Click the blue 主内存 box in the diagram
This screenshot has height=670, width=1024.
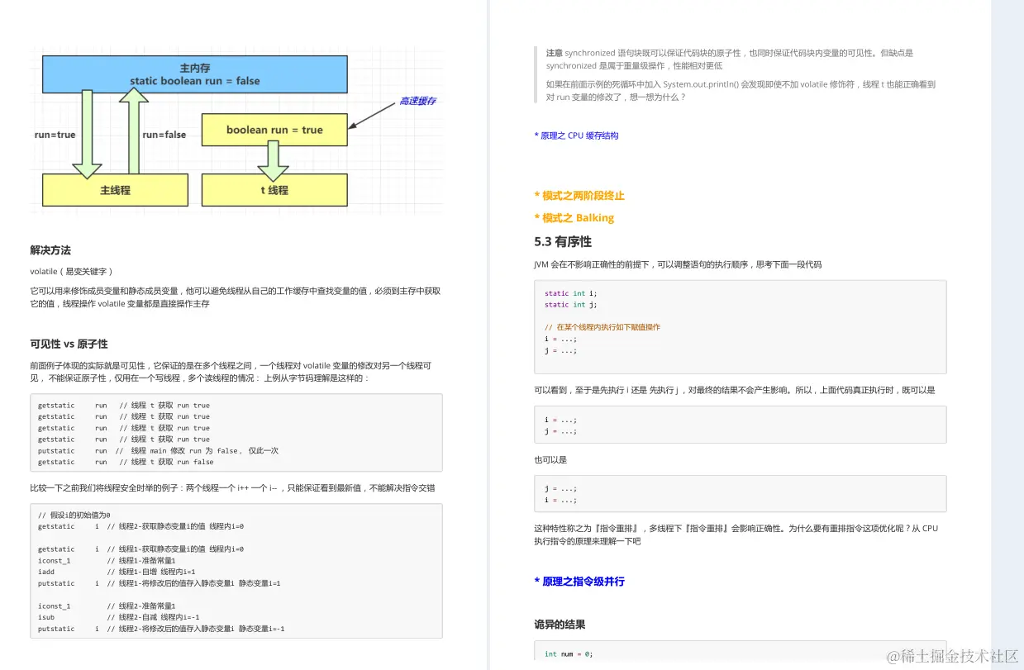pos(195,74)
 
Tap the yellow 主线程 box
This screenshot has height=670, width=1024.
pos(115,190)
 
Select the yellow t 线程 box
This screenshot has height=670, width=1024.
pos(274,190)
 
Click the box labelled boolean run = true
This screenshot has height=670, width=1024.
pos(274,130)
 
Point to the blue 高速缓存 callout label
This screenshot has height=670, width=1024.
pos(417,101)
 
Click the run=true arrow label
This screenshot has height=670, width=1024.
pos(55,135)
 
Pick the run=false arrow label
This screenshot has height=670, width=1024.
pos(164,135)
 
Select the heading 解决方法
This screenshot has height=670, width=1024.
pos(50,250)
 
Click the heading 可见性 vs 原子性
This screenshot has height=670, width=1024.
pos(69,344)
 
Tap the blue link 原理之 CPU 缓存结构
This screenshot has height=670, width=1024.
pos(577,135)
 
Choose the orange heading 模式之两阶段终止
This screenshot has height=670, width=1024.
pos(579,196)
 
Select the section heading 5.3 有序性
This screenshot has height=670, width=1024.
pos(563,242)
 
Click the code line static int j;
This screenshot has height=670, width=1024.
pos(570,305)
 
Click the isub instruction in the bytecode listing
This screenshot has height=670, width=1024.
pos(46,617)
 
